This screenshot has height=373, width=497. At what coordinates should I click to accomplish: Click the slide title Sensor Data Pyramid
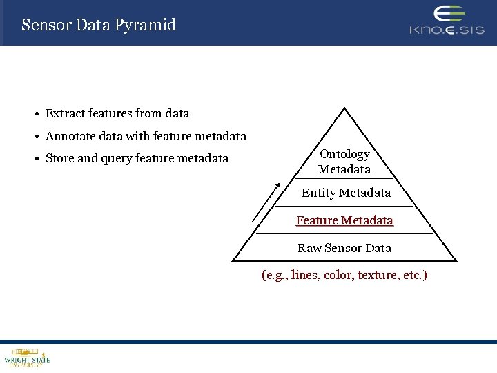(99, 26)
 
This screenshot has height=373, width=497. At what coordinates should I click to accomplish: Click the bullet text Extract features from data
(117, 113)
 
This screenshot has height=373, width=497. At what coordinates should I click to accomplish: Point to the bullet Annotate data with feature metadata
(146, 136)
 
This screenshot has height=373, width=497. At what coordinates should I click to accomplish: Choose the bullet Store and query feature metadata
(137, 158)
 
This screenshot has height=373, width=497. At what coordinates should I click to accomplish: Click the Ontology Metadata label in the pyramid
(344, 162)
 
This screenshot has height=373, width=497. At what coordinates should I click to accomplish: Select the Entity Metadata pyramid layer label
(346, 193)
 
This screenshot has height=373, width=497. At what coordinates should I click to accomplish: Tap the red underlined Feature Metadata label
(344, 220)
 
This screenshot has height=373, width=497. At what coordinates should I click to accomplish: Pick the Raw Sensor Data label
(344, 248)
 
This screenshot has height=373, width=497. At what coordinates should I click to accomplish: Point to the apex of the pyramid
(344, 109)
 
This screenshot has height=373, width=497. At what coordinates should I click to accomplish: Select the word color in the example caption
(338, 275)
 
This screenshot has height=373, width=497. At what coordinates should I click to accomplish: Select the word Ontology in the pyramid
(344, 154)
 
